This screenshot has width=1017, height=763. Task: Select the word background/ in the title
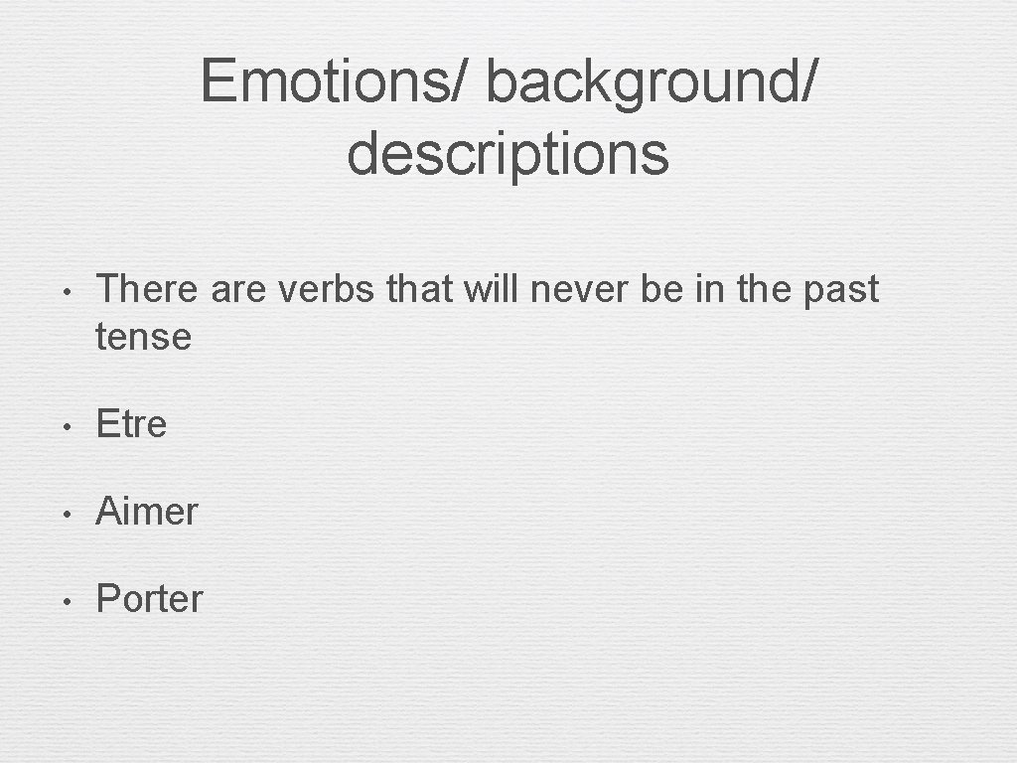[x=652, y=80]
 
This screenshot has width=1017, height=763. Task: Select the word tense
[x=143, y=337]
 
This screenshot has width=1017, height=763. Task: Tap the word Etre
[x=131, y=424]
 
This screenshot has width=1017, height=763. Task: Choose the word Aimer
[x=147, y=512]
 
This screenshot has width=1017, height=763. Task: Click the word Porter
[x=149, y=599]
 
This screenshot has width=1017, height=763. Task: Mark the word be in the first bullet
[x=674, y=289]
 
